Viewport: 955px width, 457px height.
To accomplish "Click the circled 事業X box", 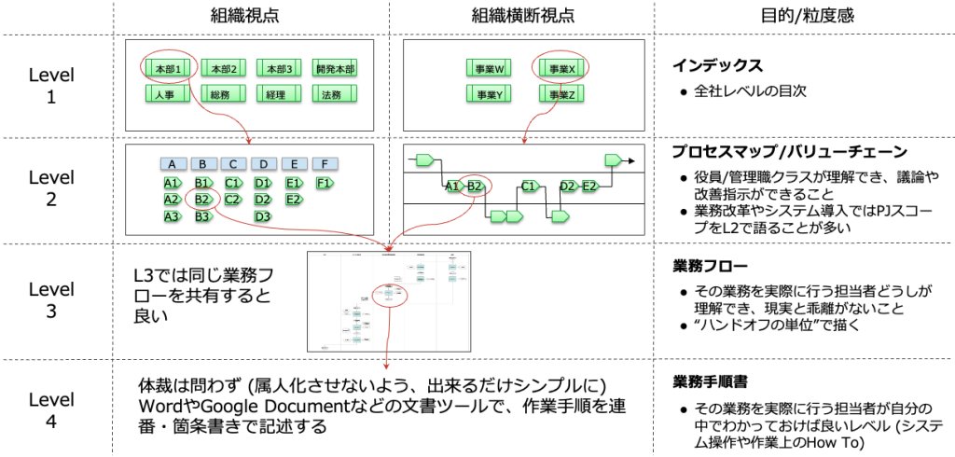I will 561,69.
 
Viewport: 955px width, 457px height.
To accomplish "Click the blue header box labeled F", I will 325,164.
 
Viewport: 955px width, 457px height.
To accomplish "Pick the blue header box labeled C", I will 233,164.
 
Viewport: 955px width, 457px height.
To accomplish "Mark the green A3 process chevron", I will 172,216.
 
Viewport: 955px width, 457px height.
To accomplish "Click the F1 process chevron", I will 324,183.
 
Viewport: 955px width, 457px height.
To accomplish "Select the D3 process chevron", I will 264,216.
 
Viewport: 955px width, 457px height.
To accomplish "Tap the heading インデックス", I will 718,66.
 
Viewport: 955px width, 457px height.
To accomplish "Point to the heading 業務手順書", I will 711,382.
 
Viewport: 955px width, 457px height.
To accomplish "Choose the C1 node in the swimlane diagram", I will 530,187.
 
